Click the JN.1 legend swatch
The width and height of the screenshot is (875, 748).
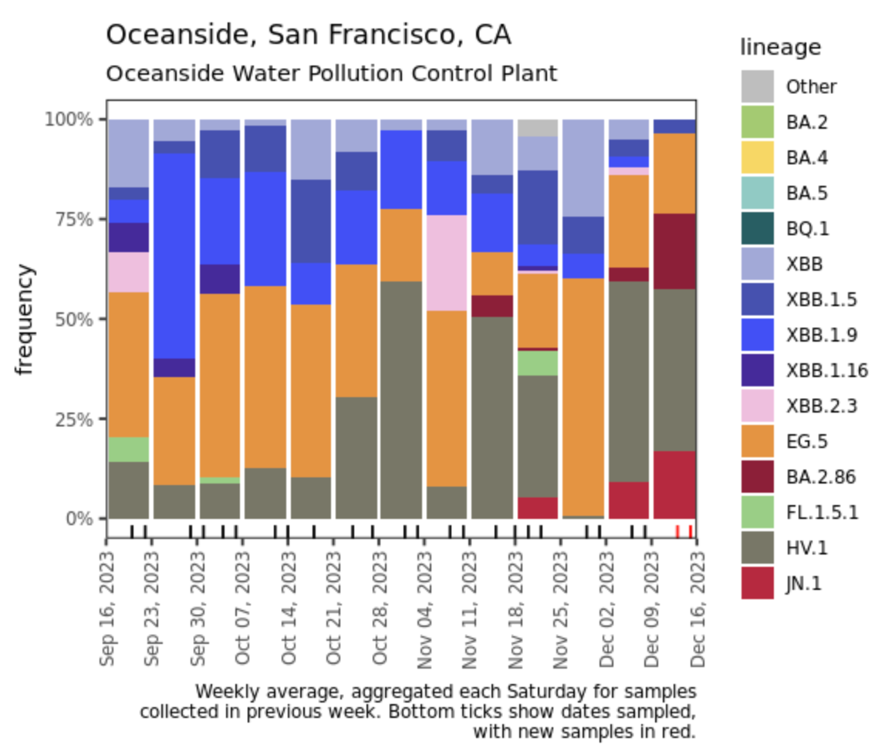757,584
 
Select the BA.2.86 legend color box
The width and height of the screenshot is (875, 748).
757,477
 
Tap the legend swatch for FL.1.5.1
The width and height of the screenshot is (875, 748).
757,513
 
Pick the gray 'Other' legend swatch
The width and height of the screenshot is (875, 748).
757,86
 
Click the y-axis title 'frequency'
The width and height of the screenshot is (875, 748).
26,319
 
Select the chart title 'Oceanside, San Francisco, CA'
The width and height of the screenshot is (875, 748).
308,35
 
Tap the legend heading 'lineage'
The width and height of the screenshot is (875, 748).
780,48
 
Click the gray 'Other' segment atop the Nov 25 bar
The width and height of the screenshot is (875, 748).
538,128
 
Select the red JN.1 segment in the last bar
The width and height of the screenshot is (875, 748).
675,485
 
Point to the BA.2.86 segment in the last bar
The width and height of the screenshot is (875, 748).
675,251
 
